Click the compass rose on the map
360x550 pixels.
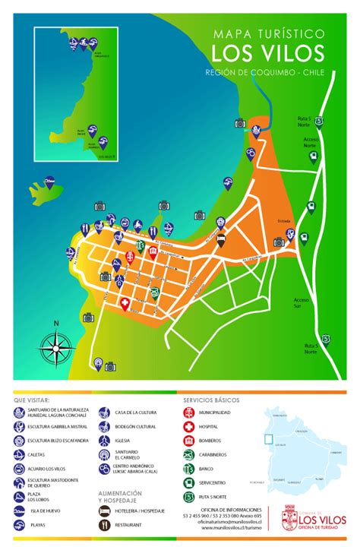coord(55,349)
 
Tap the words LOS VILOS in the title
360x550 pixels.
coord(267,52)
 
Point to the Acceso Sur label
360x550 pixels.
coord(303,302)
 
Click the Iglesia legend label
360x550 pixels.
coord(124,440)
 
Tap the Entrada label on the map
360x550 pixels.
coord(285,220)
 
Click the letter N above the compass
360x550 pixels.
coord(55,323)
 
